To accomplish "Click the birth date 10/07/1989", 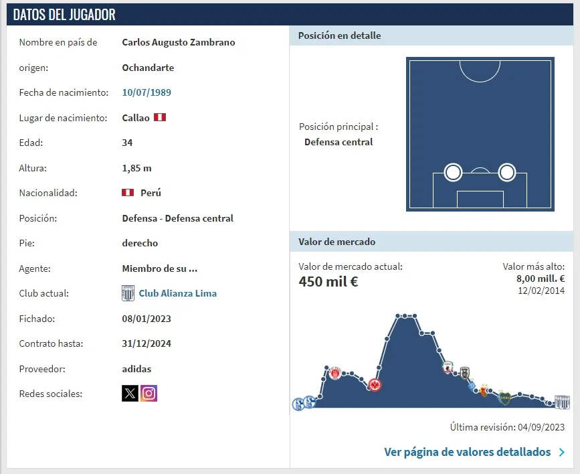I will [x=147, y=92].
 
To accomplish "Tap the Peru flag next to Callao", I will [x=160, y=117].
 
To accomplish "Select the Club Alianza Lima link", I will [x=177, y=293].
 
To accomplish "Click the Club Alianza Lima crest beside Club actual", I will [x=128, y=293].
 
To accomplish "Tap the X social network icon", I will [x=130, y=393].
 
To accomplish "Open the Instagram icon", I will [x=149, y=393].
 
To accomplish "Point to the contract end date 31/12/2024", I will [x=147, y=343].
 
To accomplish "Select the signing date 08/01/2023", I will [x=147, y=319].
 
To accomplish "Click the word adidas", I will [x=136, y=369].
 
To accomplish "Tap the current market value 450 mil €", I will [x=328, y=282].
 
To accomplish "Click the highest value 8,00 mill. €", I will [x=541, y=279].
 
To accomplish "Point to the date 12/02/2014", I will [x=541, y=291].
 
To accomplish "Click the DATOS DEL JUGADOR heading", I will [x=64, y=15].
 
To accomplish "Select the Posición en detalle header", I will [x=339, y=35].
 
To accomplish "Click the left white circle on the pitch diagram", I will [x=454, y=173].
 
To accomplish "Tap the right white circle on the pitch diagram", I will [x=507, y=173].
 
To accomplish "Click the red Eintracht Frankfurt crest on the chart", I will [x=375, y=385].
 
